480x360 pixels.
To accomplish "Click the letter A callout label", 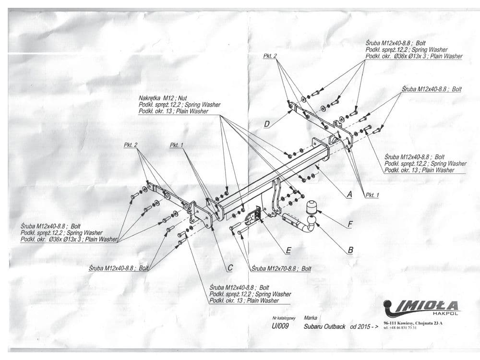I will [x=349, y=194].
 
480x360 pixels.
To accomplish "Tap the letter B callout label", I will [x=350, y=250].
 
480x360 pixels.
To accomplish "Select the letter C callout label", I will [x=230, y=267].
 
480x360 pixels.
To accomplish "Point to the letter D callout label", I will [x=267, y=124].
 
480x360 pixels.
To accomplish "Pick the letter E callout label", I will [x=288, y=250].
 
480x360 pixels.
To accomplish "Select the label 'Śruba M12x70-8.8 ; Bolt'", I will [x=281, y=269].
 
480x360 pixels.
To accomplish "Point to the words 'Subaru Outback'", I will [x=324, y=326].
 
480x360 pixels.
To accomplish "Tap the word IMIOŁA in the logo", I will [x=425, y=305].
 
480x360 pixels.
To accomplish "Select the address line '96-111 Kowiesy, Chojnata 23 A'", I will [x=413, y=323].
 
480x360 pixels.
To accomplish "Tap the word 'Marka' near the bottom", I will [x=311, y=318].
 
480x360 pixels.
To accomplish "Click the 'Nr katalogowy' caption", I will [x=284, y=318].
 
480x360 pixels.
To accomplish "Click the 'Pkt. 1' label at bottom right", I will [x=372, y=195].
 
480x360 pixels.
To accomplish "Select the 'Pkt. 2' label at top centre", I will [x=270, y=56].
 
